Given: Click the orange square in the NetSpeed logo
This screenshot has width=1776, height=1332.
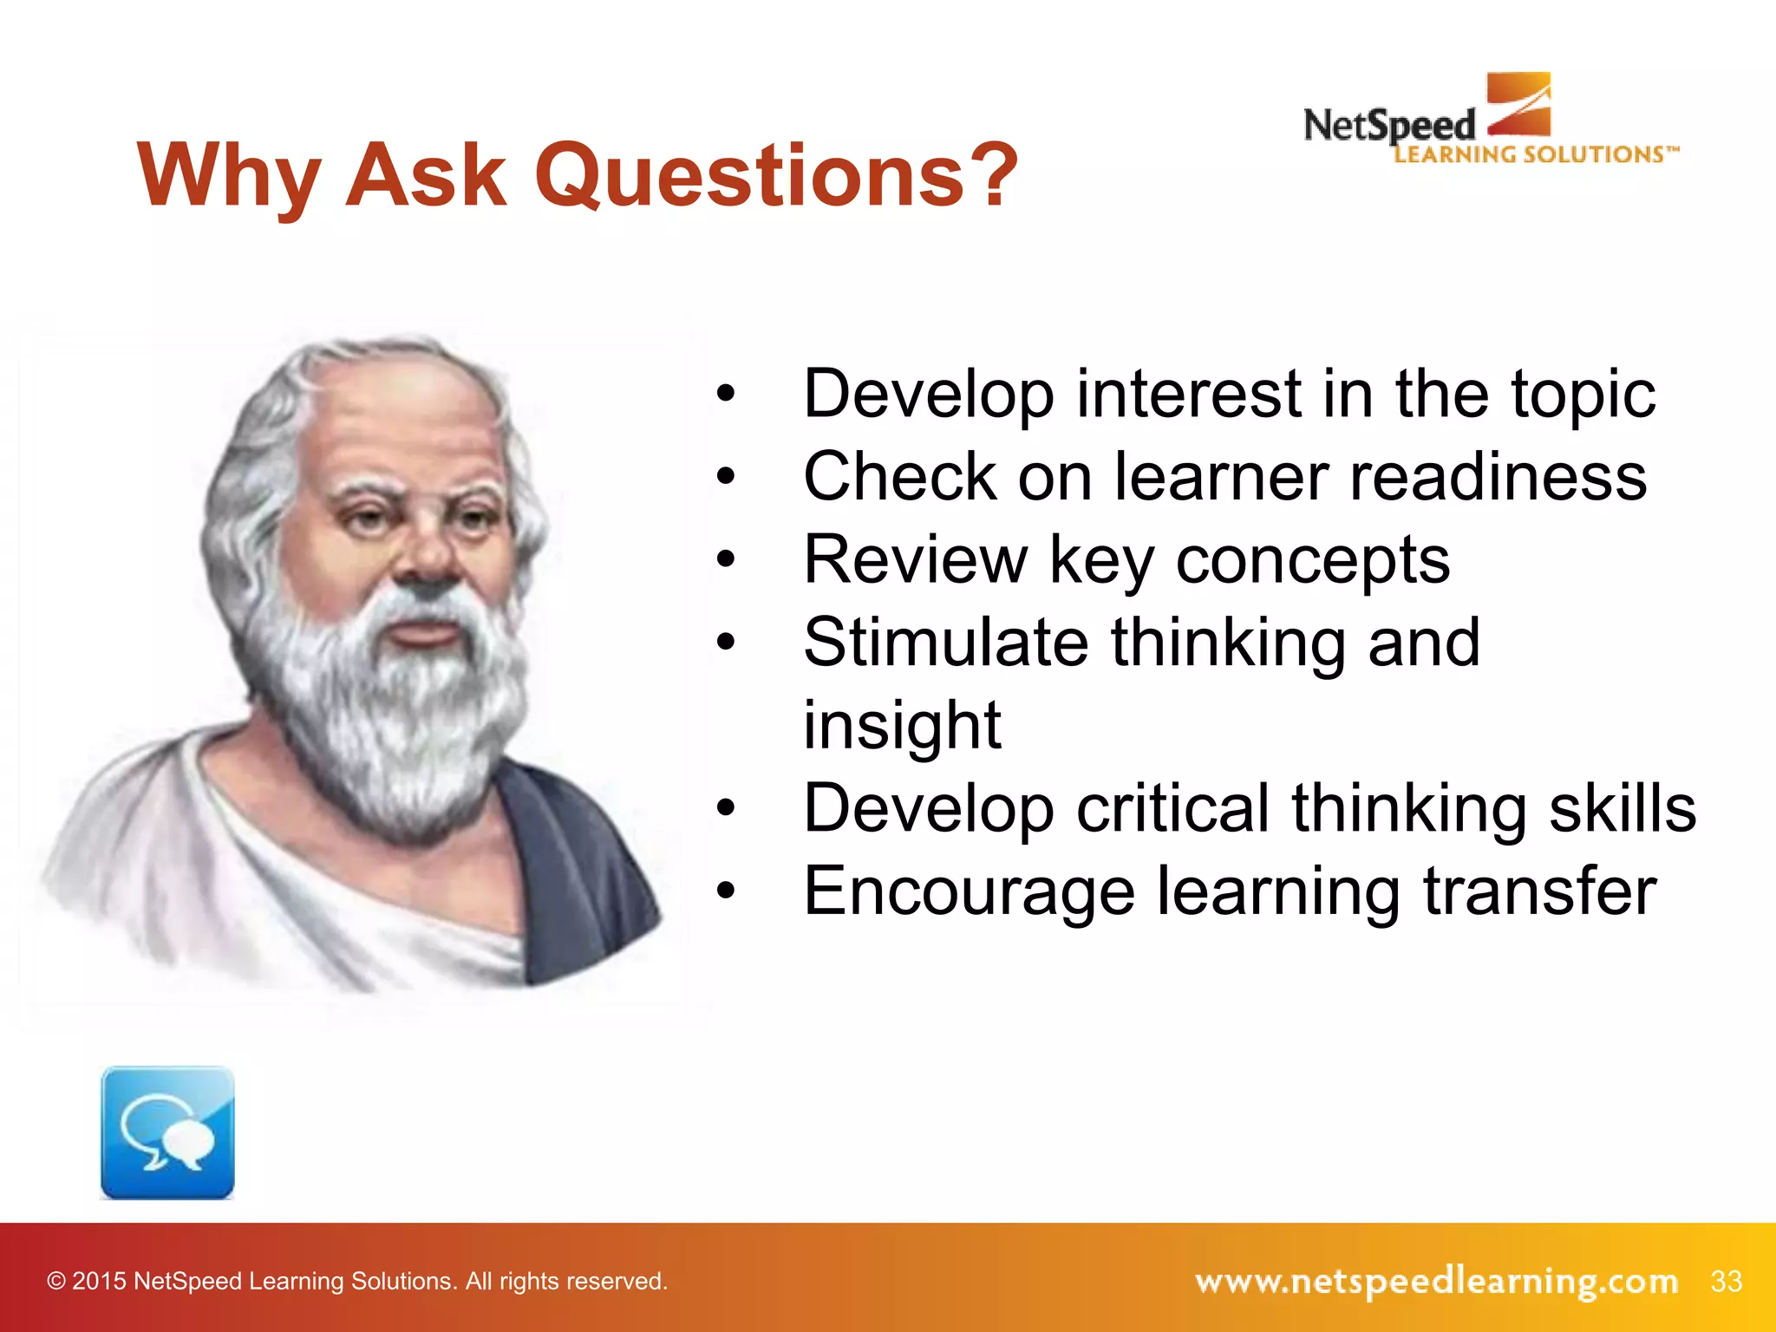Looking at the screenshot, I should pyautogui.click(x=1518, y=103).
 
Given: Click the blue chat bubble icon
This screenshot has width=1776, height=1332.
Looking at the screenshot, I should pyautogui.click(x=167, y=1133).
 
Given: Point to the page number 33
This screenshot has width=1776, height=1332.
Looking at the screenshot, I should pyautogui.click(x=1726, y=1281).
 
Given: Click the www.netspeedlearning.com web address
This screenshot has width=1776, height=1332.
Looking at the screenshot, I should pyautogui.click(x=1435, y=1281).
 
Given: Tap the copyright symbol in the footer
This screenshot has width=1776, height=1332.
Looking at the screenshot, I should pyautogui.click(x=56, y=1282).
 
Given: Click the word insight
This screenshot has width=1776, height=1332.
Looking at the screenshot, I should pyautogui.click(x=902, y=725).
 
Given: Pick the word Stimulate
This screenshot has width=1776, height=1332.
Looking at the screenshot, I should pyautogui.click(x=945, y=643).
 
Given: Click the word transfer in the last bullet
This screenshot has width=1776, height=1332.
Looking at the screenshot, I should pyautogui.click(x=1539, y=891).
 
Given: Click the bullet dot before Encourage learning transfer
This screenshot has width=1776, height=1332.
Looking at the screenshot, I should pyautogui.click(x=726, y=891).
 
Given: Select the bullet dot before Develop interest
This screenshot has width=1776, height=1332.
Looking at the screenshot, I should pyautogui.click(x=726, y=395).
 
